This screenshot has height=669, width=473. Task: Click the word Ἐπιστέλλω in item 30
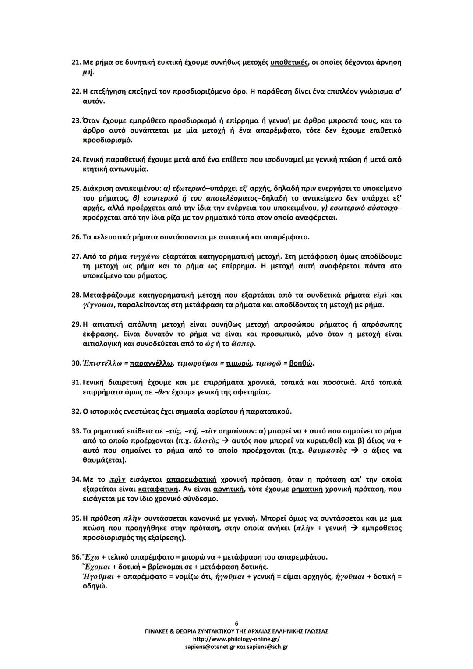(102, 363)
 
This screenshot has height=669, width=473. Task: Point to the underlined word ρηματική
(307, 489)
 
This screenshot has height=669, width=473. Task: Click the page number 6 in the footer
(236, 623)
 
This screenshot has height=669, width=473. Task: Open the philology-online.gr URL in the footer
(236, 639)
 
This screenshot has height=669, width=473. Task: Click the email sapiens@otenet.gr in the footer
(206, 647)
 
